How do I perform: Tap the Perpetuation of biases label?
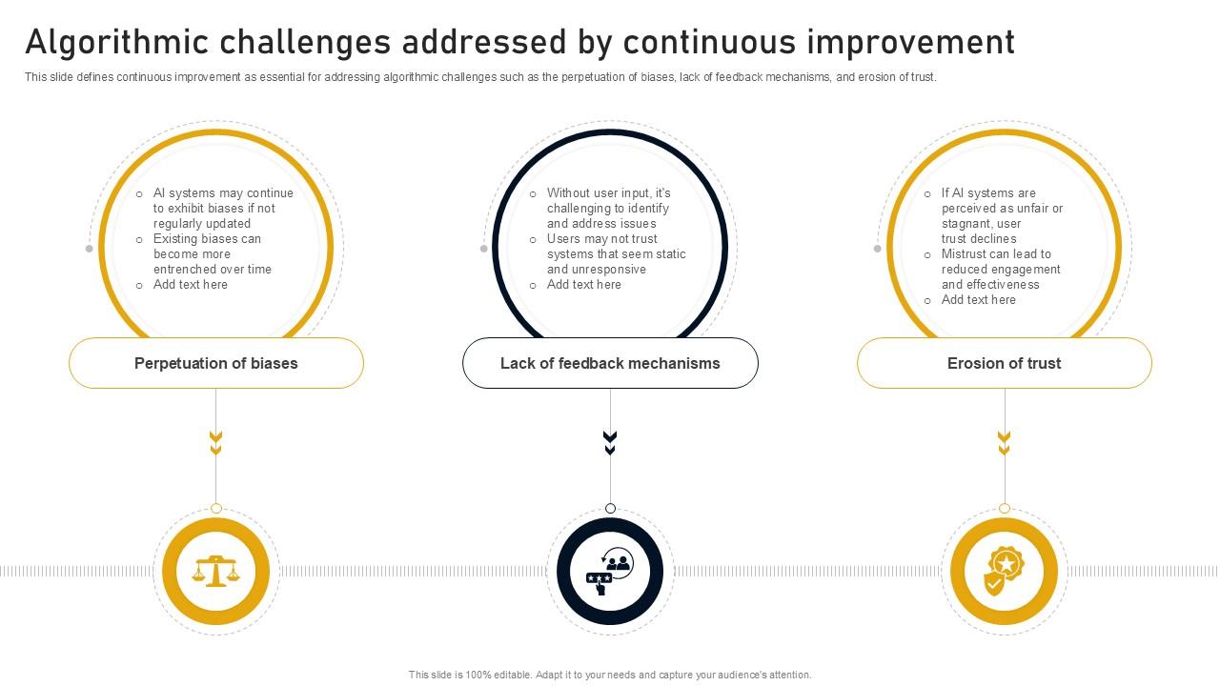[216, 363]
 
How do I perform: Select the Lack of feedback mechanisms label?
[610, 363]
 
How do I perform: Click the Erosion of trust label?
[1004, 363]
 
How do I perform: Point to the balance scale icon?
[216, 571]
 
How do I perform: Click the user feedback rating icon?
[610, 572]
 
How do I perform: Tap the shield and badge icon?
[1004, 572]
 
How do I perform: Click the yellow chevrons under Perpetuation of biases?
[216, 442]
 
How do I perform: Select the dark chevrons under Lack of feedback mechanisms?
[610, 442]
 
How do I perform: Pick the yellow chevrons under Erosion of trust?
[1004, 442]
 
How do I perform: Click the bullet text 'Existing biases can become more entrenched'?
[212, 254]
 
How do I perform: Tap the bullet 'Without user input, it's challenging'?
[608, 208]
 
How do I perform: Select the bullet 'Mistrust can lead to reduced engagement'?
[1000, 269]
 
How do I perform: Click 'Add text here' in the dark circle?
[583, 285]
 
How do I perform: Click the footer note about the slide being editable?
[610, 675]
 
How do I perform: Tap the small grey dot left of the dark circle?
[484, 249]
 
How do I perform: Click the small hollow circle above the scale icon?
[216, 509]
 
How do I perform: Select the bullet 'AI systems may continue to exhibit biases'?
[223, 208]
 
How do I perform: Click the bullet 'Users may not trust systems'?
[616, 254]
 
